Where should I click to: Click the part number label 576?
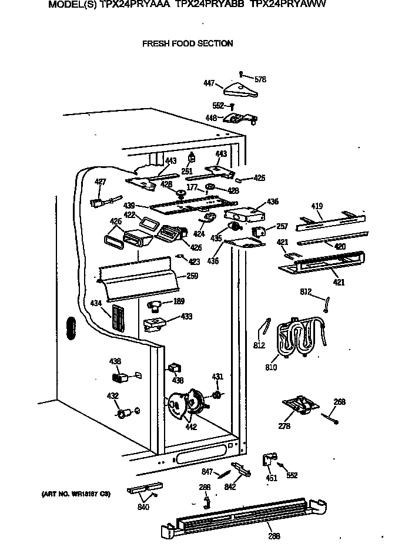pos(260,79)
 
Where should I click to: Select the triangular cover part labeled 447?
pos(241,89)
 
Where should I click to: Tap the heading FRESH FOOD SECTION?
pos(188,43)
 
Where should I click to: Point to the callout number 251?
pos(187,172)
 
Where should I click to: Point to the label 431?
pos(217,377)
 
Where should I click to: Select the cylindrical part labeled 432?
pos(123,415)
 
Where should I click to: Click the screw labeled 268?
pos(329,418)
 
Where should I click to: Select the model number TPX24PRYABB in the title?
pos(210,4)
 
